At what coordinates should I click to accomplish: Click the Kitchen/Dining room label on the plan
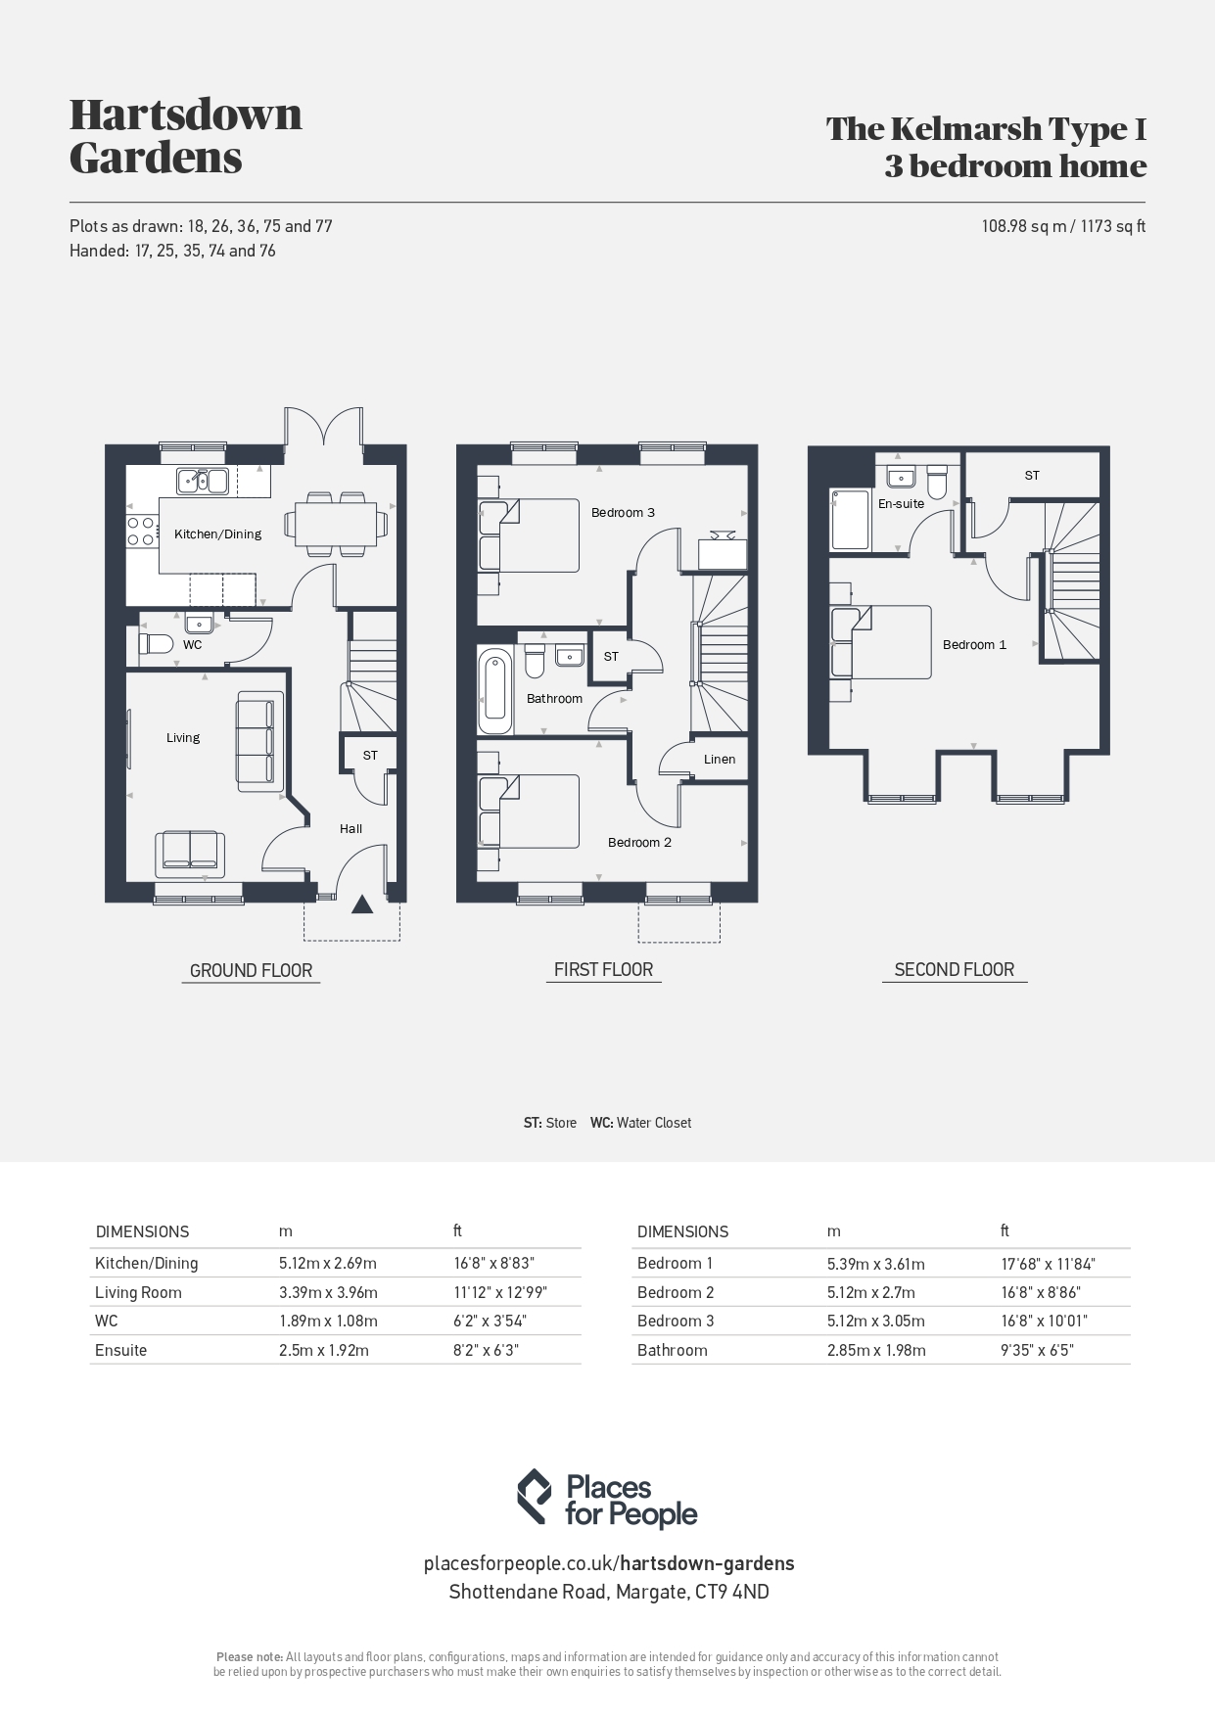click(217, 534)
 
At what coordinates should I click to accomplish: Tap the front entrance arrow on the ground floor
click(362, 905)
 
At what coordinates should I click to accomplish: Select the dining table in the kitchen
click(336, 524)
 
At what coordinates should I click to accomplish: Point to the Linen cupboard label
click(720, 759)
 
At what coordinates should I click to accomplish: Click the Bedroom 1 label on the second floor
click(974, 644)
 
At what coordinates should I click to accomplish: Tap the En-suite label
click(901, 503)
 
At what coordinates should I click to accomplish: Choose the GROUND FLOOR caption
click(251, 970)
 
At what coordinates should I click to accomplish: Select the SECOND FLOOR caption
click(955, 969)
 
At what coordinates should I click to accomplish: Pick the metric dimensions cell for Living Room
click(328, 1292)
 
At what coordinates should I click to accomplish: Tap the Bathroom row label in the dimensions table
click(672, 1350)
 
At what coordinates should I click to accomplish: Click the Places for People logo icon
click(535, 1497)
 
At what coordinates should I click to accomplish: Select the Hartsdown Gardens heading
click(186, 135)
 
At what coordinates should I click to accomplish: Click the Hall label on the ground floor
click(350, 828)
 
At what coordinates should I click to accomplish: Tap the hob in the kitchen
click(141, 530)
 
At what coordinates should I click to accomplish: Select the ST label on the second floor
click(1032, 475)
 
